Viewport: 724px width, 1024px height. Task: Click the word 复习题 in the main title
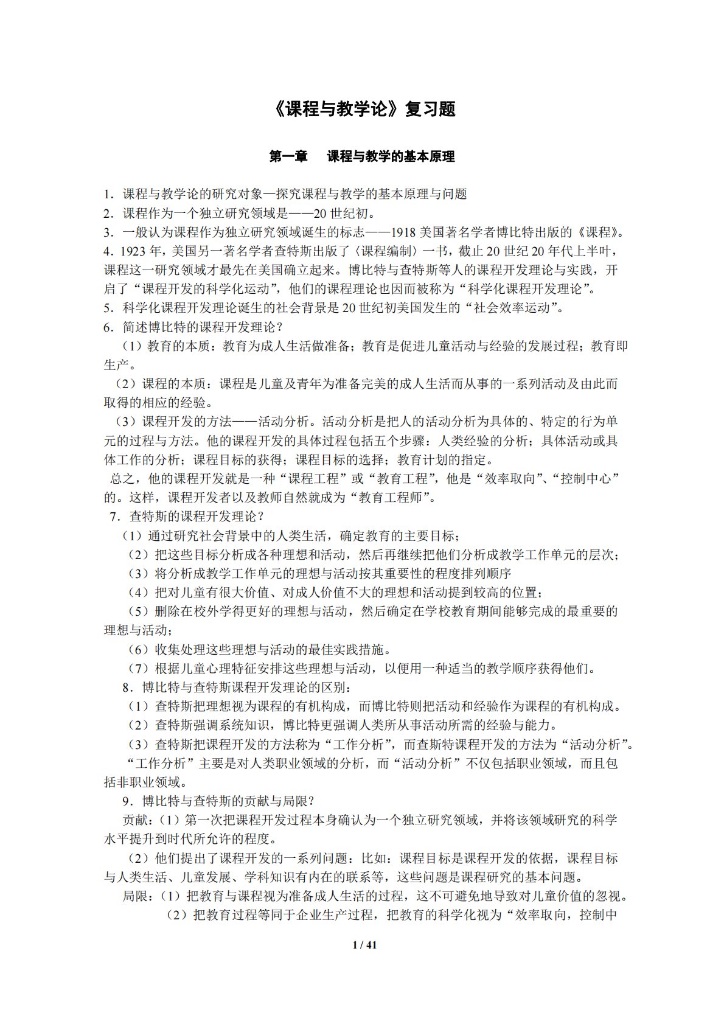tap(430, 110)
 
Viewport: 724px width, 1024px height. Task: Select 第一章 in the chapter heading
tap(288, 156)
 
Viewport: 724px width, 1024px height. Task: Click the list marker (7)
tap(137, 669)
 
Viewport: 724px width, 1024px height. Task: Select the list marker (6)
tap(137, 649)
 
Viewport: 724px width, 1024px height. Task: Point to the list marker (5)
tap(137, 611)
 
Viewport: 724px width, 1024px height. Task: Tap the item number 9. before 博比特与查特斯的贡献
tap(127, 801)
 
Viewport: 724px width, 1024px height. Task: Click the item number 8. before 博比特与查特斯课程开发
tap(127, 688)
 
